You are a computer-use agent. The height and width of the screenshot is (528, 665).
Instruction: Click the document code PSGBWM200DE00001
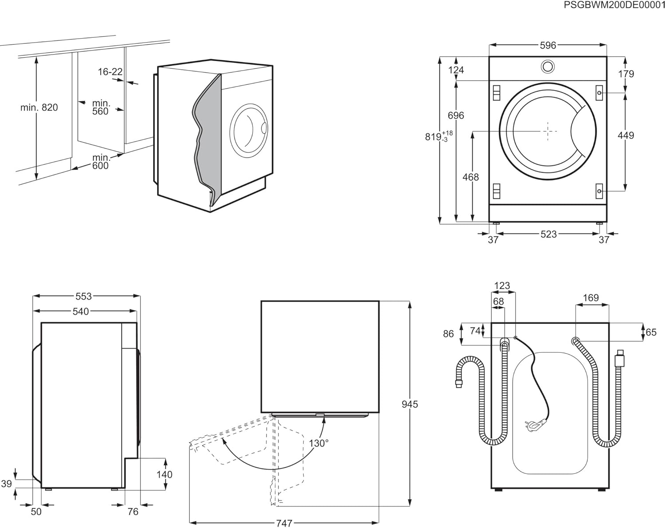coord(614,5)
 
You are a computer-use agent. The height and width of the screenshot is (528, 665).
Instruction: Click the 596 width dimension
coord(548,45)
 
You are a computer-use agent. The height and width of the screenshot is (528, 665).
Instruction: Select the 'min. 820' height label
coord(39,107)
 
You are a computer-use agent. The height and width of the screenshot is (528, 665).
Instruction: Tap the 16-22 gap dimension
coord(110,72)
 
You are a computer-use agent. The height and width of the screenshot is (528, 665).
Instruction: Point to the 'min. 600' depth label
coord(101,162)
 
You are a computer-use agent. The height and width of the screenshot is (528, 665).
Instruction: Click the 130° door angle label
coord(319,443)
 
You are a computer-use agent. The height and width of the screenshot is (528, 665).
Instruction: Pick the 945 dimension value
coord(410,404)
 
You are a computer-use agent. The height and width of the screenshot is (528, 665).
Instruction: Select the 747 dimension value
coord(284,523)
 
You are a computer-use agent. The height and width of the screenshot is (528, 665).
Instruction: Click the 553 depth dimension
coord(83,296)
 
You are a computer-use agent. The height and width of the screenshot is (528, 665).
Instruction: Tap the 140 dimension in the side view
coord(164,474)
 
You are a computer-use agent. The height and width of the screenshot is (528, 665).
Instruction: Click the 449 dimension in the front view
coord(626,135)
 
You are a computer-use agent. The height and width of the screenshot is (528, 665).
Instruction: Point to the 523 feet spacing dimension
coord(548,234)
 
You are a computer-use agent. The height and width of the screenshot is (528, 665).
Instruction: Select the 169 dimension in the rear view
coord(591,298)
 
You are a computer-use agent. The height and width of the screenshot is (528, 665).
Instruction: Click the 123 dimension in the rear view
coord(502,286)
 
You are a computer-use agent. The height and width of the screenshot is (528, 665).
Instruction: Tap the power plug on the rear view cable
coord(534,426)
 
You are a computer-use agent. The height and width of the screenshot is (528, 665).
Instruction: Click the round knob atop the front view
coord(548,67)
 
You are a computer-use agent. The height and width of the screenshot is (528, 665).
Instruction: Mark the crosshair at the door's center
coord(548,131)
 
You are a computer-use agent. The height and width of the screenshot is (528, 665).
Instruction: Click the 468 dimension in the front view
coord(470,177)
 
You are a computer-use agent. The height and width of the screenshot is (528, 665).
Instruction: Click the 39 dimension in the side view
coord(6,484)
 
